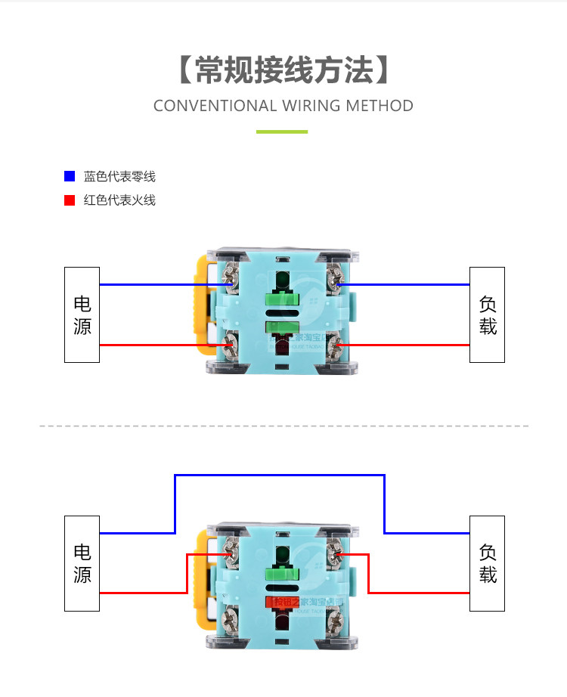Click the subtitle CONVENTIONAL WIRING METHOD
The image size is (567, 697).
(283, 106)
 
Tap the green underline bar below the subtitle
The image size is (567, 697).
(282, 132)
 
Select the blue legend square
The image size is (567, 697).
(70, 176)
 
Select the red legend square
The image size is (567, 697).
(70, 200)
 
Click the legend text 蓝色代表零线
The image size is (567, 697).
(119, 177)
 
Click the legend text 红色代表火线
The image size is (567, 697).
(119, 200)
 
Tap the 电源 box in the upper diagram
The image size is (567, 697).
(82, 314)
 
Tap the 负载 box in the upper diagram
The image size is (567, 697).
(487, 314)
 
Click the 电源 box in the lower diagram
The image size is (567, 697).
(82, 563)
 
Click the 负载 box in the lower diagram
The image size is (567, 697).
(487, 563)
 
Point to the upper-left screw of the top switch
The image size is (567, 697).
(230, 276)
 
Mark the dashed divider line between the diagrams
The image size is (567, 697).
(283, 426)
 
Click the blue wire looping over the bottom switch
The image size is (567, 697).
(280, 476)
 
